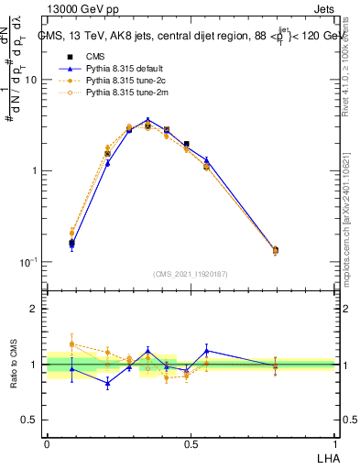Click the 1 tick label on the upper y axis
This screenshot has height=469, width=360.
point(35,171)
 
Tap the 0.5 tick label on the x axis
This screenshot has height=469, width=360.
point(191,443)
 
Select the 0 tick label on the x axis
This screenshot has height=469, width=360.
point(47,443)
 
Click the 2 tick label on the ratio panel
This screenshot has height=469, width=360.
point(35,310)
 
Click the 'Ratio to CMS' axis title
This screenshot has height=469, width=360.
point(15,365)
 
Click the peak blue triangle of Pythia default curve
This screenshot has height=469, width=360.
point(147,120)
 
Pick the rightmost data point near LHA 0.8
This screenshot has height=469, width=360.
point(276,250)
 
